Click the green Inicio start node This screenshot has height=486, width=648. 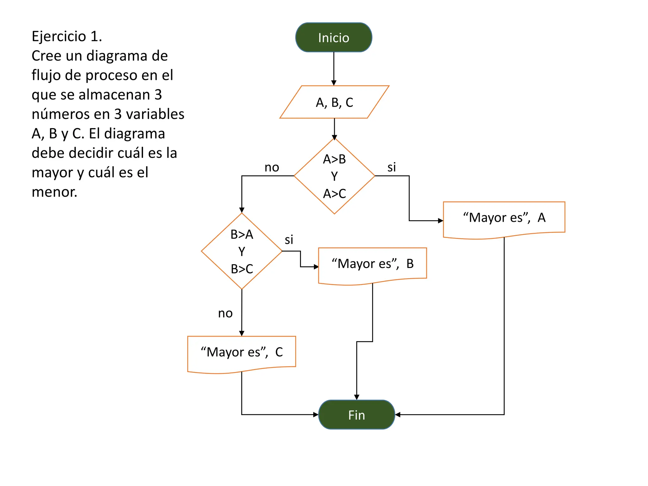pos(333,37)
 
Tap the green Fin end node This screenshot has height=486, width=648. pos(357,414)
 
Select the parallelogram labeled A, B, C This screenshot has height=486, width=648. pos(334,102)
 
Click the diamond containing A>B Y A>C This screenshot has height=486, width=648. pos(334,176)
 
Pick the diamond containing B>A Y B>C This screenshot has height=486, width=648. pos(242,251)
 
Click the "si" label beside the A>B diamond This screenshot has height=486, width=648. pos(392,167)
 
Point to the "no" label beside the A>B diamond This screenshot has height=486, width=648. pos(272,167)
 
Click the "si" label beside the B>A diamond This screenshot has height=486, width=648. pos(289,240)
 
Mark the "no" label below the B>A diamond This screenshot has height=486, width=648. pos(225,313)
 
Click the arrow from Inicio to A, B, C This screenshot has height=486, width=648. pos(334,69)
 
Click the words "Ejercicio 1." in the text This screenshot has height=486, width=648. pos(67,36)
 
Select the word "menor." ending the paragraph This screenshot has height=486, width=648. pos(54,192)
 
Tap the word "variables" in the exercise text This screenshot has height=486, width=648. pos(155,114)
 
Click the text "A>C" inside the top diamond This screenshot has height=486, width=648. pos(334,194)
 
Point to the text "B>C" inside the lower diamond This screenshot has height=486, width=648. pos(242,269)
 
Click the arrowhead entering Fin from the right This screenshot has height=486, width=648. pos(398,414)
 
